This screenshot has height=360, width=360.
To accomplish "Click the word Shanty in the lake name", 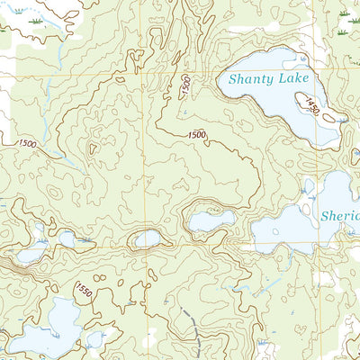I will pyautogui.click(x=248, y=79).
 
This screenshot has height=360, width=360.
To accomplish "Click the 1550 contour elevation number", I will pyautogui.click(x=84, y=293).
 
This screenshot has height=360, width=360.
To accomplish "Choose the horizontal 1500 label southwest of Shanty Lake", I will pyautogui.click(x=197, y=135).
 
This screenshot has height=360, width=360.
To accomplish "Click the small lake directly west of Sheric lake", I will pyautogui.click(x=211, y=220).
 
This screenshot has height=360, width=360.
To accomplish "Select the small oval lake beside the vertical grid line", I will pyautogui.click(x=147, y=238).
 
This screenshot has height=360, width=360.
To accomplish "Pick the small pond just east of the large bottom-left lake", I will pyautogui.click(x=96, y=338).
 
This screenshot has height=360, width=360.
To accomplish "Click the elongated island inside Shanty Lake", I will pyautogui.click(x=328, y=116).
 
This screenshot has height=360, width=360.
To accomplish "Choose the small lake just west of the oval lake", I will pyautogui.click(x=66, y=238).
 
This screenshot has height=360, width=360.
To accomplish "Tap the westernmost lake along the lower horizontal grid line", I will pyautogui.click(x=30, y=255).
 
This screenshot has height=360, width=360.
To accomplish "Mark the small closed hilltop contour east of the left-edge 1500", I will pyautogui.click(x=91, y=150).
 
